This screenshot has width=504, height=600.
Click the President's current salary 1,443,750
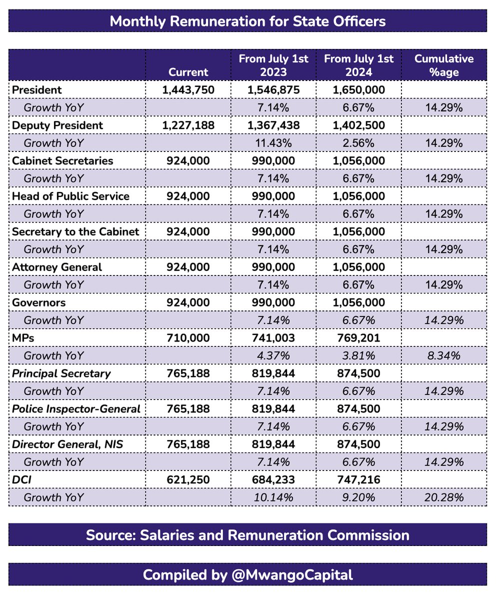(x=188, y=90)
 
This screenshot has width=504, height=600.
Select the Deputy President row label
(x=57, y=125)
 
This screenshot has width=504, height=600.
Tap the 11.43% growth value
(x=273, y=143)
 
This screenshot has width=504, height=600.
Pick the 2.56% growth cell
(x=358, y=143)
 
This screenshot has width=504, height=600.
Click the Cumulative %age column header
(x=444, y=65)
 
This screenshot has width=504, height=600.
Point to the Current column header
(x=188, y=71)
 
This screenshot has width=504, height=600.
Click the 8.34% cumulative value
(x=444, y=356)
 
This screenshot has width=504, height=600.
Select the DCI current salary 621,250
(x=188, y=480)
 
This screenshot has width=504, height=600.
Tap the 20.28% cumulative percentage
(x=444, y=498)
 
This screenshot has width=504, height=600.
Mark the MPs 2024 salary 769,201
(x=358, y=338)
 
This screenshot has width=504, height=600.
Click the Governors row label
(x=38, y=302)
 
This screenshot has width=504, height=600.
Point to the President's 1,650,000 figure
(x=358, y=90)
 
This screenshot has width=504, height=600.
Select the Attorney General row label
(x=57, y=267)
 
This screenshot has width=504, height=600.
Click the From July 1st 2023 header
(x=273, y=65)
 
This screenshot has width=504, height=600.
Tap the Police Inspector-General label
(x=76, y=409)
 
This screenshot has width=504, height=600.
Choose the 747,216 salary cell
(x=358, y=480)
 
